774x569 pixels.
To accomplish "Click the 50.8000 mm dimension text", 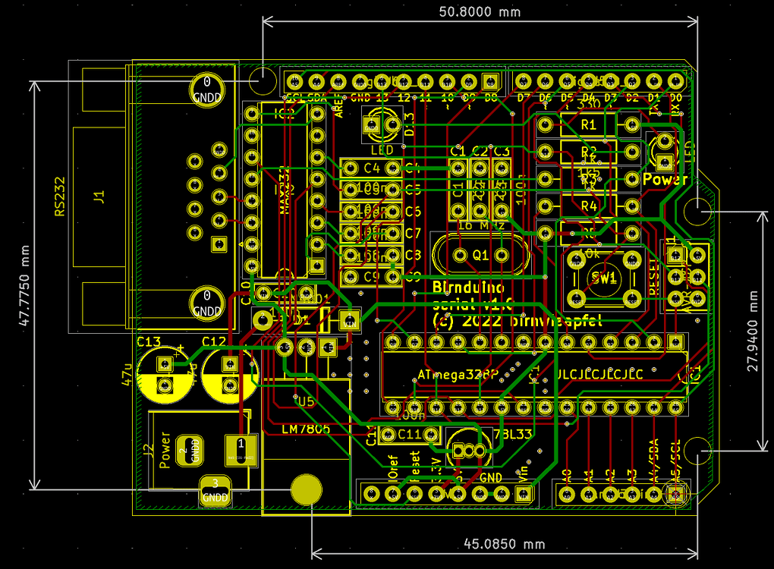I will [x=480, y=12].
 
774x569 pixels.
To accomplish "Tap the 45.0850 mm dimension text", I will [x=503, y=544].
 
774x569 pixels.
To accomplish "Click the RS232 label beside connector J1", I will [x=60, y=197].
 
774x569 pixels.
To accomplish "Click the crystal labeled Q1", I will [x=481, y=255].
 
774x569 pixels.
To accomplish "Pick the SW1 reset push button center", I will [x=604, y=278].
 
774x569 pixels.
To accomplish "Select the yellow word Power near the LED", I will [x=665, y=180].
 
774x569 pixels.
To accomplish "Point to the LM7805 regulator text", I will [x=306, y=429].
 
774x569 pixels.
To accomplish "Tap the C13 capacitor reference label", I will [x=149, y=341].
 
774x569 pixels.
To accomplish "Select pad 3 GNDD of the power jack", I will [x=216, y=491].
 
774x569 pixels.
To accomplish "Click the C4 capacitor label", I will [x=371, y=168].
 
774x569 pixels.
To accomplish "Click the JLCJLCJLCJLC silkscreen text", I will [x=599, y=375].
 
